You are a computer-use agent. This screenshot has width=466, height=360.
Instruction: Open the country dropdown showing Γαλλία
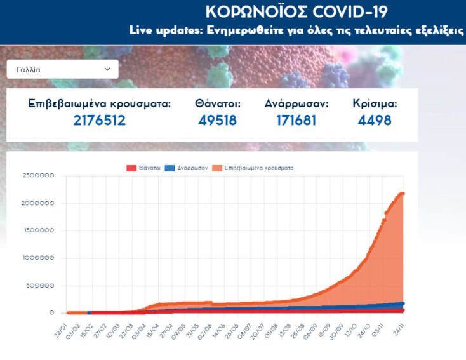(x=62, y=69)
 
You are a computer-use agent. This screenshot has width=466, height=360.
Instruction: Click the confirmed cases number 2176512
(x=99, y=120)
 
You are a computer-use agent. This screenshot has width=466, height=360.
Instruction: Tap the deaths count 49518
(x=218, y=120)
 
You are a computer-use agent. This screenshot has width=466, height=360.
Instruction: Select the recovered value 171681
(x=296, y=120)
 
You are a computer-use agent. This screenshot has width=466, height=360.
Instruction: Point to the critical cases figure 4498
(x=375, y=120)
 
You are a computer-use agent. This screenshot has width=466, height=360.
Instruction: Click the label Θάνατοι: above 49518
(x=218, y=103)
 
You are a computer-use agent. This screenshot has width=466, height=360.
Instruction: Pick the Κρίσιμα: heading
(x=375, y=103)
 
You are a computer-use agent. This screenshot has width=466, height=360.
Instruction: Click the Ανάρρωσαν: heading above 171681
(x=296, y=103)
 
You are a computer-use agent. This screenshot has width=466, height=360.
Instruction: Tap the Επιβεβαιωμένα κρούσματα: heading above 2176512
(x=100, y=103)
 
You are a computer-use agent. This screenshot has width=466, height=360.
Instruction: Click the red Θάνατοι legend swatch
(x=131, y=168)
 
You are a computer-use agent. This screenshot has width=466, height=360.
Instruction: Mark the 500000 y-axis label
(x=39, y=285)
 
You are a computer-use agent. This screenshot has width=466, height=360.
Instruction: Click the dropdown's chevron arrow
(x=107, y=69)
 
